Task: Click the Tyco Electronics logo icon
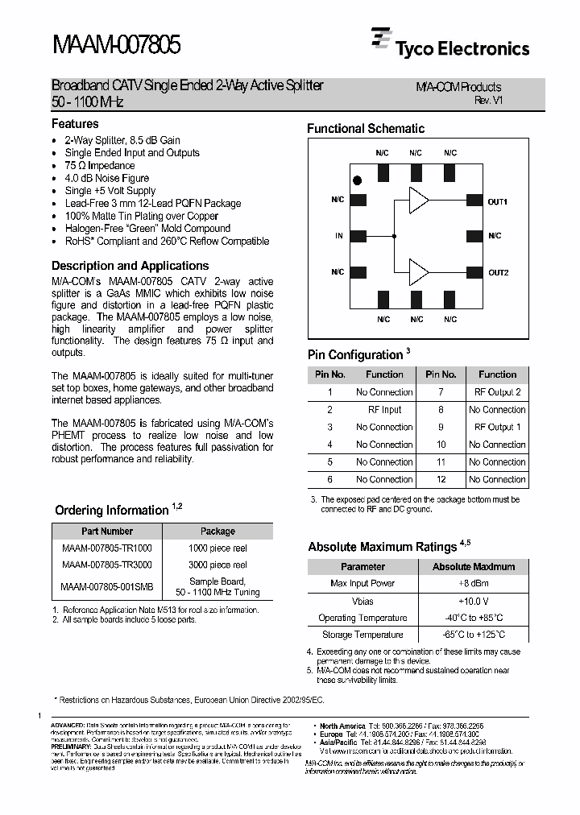pyautogui.click(x=381, y=39)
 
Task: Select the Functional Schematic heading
pyautogui.click(x=366, y=128)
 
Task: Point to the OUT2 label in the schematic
pyautogui.click(x=499, y=272)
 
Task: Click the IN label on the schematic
pyautogui.click(x=339, y=236)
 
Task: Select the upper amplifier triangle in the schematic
pyautogui.click(x=418, y=200)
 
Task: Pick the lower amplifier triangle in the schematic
pyautogui.click(x=418, y=271)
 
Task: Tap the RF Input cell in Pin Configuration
pyautogui.click(x=384, y=410)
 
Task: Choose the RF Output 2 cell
pyautogui.click(x=497, y=392)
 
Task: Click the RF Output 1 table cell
pyautogui.click(x=497, y=427)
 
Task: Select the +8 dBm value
pyautogui.click(x=474, y=583)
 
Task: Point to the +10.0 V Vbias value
pyautogui.click(x=474, y=601)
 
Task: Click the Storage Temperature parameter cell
pyautogui.click(x=362, y=635)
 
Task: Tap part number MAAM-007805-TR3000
pyautogui.click(x=106, y=566)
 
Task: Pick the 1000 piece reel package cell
pyautogui.click(x=217, y=548)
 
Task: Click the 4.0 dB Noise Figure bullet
pyautogui.click(x=107, y=178)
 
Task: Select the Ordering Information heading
pyautogui.click(x=111, y=510)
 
